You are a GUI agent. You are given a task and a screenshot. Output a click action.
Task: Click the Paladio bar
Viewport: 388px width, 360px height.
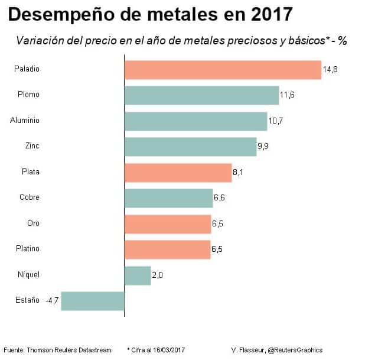click(223, 70)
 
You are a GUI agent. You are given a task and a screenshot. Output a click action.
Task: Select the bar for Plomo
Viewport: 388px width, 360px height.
click(201, 95)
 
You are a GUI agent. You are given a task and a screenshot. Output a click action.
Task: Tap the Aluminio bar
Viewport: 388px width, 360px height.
click(195, 121)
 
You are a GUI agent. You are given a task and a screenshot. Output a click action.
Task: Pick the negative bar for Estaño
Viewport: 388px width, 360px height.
click(93, 301)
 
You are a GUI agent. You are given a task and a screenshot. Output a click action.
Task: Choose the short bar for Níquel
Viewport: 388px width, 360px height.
click(138, 275)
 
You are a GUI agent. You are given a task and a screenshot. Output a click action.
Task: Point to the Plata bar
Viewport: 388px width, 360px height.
click(178, 173)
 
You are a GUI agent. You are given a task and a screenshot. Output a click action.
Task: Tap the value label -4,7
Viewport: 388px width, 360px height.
click(52, 301)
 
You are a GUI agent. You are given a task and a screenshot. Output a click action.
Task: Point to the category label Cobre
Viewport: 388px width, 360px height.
click(29, 197)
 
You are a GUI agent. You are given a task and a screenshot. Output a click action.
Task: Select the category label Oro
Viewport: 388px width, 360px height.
click(33, 223)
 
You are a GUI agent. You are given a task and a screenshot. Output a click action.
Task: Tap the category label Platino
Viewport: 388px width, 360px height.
click(27, 249)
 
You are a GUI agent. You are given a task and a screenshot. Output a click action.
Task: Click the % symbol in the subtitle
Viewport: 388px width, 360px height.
click(342, 41)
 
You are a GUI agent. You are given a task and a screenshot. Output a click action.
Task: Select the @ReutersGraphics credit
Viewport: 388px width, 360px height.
click(295, 350)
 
